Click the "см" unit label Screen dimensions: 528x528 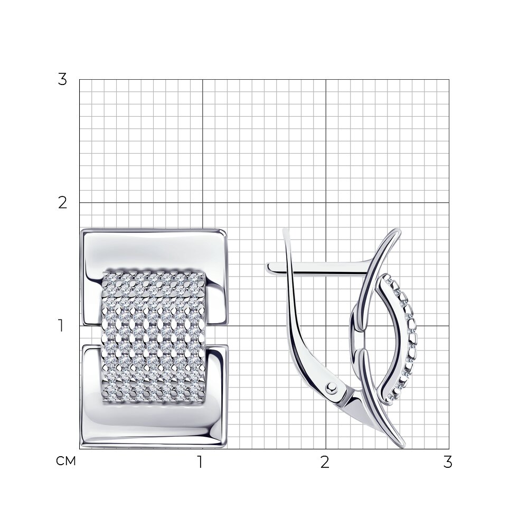(x=66, y=461)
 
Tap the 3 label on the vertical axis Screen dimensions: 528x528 (x=62, y=80)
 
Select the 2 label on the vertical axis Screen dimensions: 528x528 (x=62, y=203)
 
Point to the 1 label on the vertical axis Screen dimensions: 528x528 (x=61, y=326)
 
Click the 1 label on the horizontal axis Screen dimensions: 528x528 (x=200, y=462)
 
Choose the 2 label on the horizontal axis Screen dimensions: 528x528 (x=325, y=462)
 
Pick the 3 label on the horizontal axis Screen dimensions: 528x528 (x=448, y=462)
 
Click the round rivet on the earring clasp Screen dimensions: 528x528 (x=332, y=388)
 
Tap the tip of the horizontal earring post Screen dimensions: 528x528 (x=268, y=268)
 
